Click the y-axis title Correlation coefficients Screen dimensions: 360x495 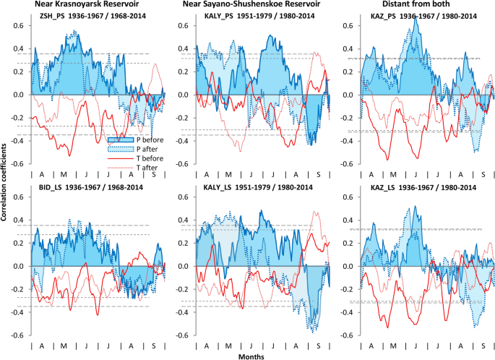5,179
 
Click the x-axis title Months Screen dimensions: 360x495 249,356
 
